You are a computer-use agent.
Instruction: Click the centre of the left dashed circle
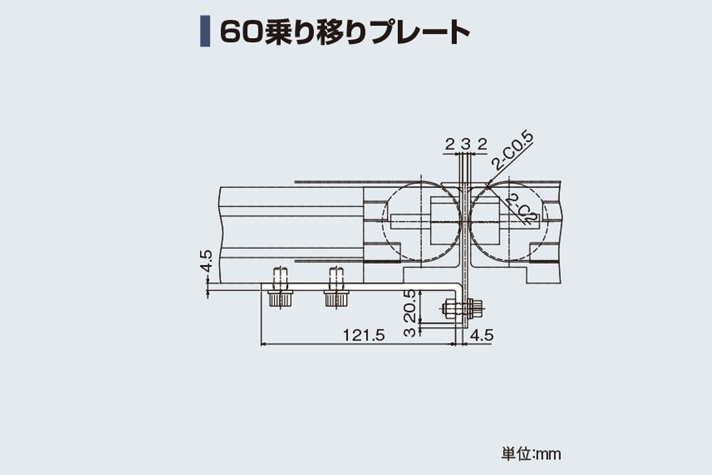tap(422, 221)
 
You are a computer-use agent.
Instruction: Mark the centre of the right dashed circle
tap(509, 221)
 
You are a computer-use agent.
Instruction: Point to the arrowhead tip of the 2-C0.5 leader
tap(486, 185)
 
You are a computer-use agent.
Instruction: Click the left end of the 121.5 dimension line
tap(261, 344)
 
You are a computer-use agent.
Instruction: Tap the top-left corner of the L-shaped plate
tap(262, 284)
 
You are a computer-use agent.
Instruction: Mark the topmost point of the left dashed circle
tap(422, 182)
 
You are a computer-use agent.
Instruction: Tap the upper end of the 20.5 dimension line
tap(421, 291)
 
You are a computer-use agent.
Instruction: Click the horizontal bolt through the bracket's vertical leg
tap(463, 309)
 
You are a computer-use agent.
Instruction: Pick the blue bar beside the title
tap(205, 31)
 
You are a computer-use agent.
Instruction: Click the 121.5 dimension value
tap(363, 335)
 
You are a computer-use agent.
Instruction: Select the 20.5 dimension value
tap(409, 305)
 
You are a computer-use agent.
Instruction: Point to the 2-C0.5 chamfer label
tap(513, 151)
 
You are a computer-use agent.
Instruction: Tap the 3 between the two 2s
tap(465, 145)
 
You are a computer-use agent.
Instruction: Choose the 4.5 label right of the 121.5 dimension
tap(481, 335)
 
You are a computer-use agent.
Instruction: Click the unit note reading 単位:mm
tap(531, 454)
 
